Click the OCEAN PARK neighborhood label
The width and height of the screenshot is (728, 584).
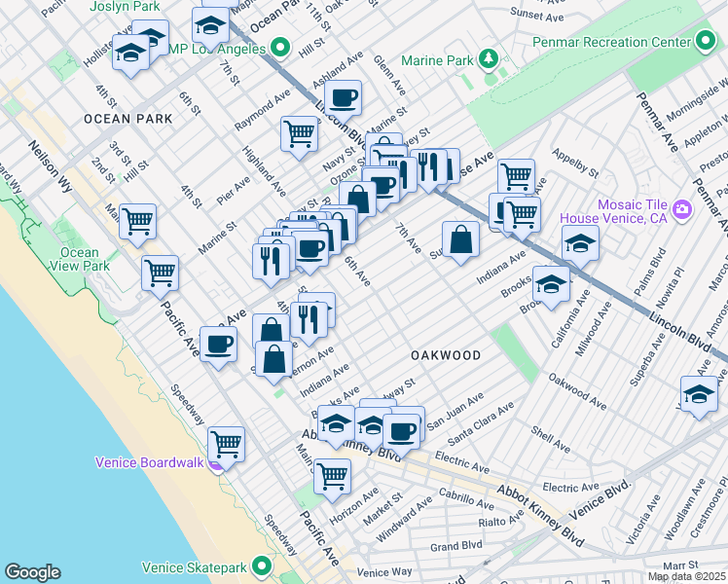127,119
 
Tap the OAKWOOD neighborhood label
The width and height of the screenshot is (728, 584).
445,355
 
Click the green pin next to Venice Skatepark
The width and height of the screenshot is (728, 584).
261,566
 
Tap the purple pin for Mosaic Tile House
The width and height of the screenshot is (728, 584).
680,208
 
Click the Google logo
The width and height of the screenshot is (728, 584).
32,572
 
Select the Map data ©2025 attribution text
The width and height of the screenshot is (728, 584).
685,576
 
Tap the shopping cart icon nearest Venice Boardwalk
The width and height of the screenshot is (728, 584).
226,444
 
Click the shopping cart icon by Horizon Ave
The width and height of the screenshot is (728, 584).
332,476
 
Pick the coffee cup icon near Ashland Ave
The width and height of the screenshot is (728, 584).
343,97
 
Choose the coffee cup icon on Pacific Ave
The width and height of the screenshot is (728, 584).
218,343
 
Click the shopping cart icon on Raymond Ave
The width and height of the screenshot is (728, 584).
299,133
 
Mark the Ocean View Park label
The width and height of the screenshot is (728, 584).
78,258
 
